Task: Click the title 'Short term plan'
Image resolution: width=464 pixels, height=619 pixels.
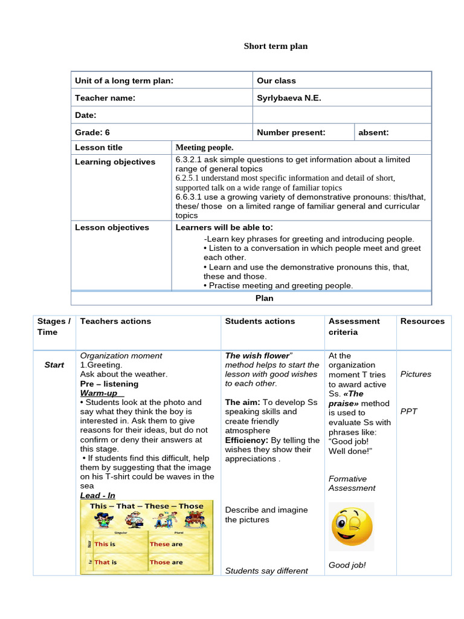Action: [x=275, y=47]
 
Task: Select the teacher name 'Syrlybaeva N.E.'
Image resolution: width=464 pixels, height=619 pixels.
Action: [x=289, y=98]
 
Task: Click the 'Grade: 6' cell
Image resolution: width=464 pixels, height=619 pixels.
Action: [x=92, y=132]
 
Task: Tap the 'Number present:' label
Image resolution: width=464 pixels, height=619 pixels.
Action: [x=291, y=132]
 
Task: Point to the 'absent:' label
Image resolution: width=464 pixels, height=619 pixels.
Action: [x=373, y=132]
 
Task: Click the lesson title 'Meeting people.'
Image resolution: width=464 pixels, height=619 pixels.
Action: [x=204, y=147]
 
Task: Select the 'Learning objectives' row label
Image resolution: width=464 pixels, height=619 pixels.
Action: [x=115, y=162]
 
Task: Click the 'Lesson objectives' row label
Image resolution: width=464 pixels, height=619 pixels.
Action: [x=112, y=228]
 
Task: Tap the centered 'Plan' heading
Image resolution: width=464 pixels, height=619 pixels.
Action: [x=264, y=298]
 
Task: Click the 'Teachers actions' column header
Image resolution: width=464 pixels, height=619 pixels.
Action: [x=115, y=322]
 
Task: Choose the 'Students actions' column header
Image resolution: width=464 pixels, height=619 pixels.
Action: [x=260, y=322]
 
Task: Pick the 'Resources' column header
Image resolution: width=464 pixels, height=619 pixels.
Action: [x=422, y=322]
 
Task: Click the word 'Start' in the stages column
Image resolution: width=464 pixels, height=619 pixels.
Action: [x=54, y=365]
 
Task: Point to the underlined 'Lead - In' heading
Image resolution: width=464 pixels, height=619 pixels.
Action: [x=98, y=496]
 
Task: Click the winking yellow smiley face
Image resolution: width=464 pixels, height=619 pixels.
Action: [x=351, y=526]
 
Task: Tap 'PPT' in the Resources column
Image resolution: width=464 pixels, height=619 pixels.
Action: [x=408, y=412]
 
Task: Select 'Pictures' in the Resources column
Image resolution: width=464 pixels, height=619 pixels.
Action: [x=416, y=374]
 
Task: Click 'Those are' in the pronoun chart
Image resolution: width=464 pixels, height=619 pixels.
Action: [x=166, y=562]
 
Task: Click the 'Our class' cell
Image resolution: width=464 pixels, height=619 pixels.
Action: [x=276, y=81]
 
